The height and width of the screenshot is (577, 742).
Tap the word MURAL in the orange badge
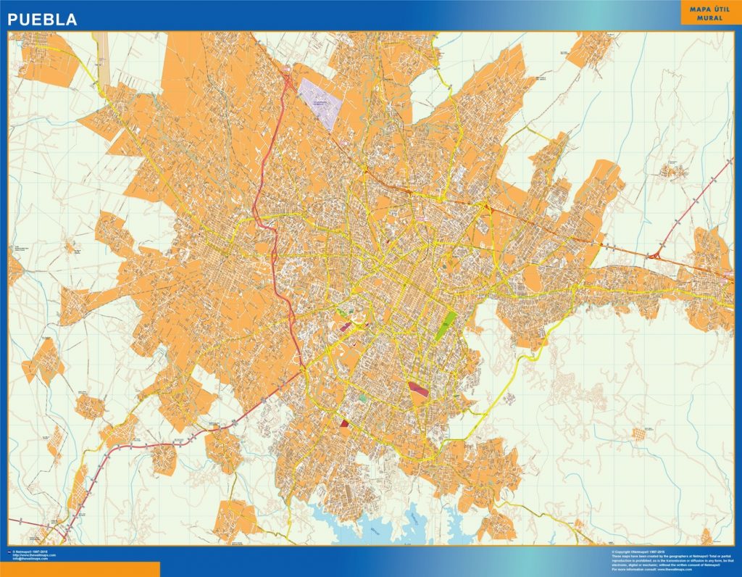710,17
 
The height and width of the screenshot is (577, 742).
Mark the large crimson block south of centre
419,391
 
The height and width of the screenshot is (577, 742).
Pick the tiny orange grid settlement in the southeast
638,433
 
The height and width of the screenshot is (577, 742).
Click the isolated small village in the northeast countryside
672,171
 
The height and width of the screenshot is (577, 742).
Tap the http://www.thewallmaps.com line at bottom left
33,555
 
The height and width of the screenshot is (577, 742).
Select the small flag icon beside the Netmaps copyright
10,552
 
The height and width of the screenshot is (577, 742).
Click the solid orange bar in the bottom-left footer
80,569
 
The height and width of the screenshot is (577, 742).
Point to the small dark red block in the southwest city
344,423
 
